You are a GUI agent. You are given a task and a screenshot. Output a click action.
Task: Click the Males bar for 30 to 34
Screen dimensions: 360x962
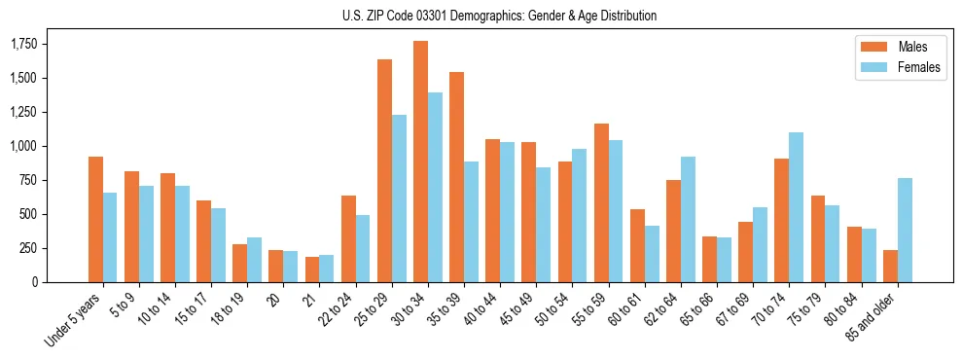[x=420, y=162]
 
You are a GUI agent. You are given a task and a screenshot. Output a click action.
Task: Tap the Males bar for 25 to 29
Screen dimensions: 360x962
[x=384, y=170]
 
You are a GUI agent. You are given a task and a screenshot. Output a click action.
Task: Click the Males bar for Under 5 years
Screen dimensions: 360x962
[x=95, y=219]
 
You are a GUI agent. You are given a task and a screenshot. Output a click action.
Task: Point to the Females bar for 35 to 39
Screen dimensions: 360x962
[x=471, y=222]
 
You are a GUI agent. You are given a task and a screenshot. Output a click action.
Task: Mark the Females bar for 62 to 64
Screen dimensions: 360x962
[x=688, y=219]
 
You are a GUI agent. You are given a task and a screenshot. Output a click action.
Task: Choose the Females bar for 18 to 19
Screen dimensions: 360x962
[x=254, y=260]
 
